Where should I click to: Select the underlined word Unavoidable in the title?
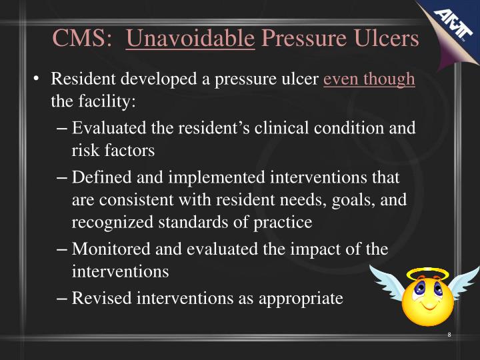tap(191, 38)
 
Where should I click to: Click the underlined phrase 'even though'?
tap(369, 79)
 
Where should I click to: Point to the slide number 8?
tap(450, 334)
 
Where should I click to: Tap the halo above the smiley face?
tap(429, 273)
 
